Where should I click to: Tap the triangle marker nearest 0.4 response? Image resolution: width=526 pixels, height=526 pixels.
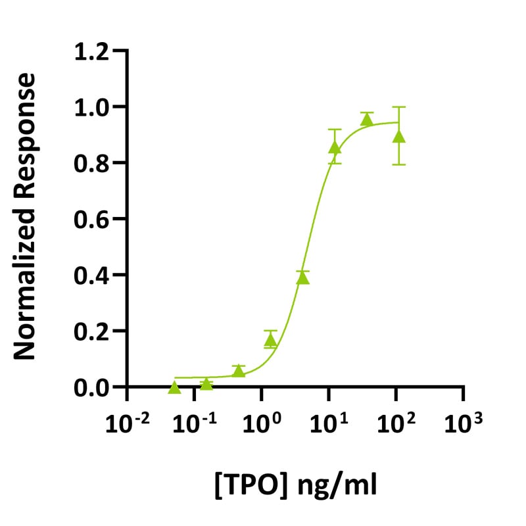click(302, 278)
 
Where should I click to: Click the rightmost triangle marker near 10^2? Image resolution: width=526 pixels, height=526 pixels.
click(398, 137)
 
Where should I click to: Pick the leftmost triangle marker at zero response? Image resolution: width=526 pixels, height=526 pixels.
click(174, 387)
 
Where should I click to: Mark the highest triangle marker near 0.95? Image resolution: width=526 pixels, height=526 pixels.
click(367, 120)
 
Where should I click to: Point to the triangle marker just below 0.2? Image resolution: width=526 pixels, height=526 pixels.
click(270, 341)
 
